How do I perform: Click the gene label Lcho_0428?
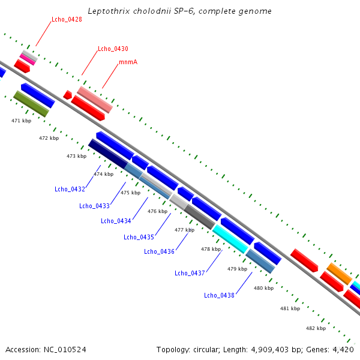tap(67, 19)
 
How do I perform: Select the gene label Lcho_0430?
tap(113, 49)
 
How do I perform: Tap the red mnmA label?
tap(128, 62)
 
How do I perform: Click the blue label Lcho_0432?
tap(70, 190)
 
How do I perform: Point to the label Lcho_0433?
tap(94, 206)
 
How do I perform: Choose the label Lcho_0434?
tap(116, 221)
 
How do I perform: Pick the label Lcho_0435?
tap(139, 237)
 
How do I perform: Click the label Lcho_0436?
tap(159, 251)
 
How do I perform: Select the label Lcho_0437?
tap(190, 273)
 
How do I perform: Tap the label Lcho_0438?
tap(219, 295)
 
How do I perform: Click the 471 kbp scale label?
tap(21, 121)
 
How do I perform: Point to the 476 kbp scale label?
tap(157, 211)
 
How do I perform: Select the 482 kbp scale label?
tap(316, 328)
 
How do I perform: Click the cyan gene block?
tap(230, 238)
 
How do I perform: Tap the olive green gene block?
tap(31, 103)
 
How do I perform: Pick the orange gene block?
tap(339, 274)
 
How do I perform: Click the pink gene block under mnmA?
tap(95, 100)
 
